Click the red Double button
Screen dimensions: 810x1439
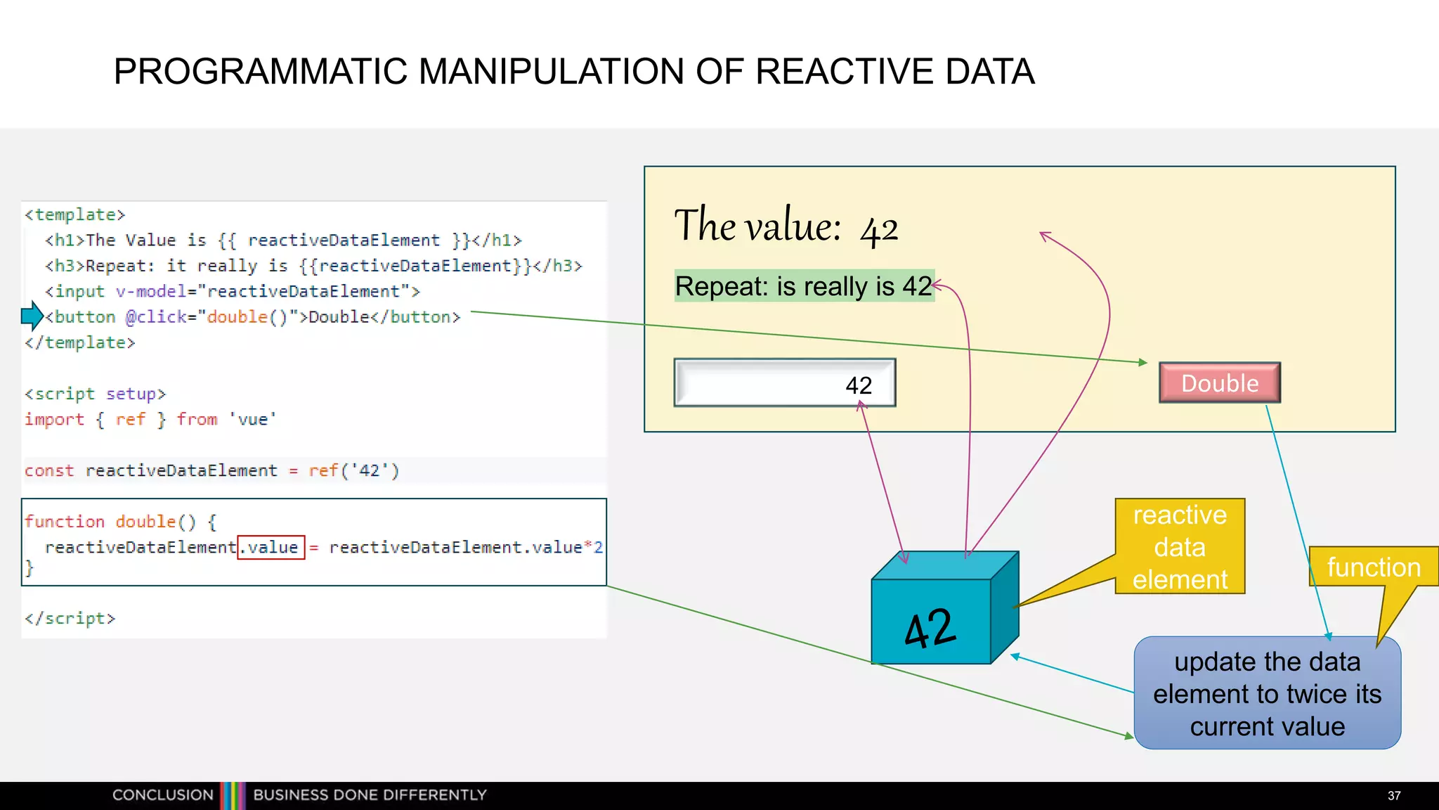click(1220, 383)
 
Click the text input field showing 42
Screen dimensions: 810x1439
click(784, 383)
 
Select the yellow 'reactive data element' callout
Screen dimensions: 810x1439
click(1180, 547)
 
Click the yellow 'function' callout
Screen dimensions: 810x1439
click(1373, 567)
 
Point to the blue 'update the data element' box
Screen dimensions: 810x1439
click(1267, 694)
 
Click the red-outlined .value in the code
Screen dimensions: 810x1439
click(271, 547)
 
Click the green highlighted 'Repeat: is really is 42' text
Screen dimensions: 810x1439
click(804, 286)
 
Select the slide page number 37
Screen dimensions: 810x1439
click(1394, 795)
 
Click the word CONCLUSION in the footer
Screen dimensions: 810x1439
click(162, 795)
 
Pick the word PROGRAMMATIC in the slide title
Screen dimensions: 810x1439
click(261, 72)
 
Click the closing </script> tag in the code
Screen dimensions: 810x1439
click(70, 618)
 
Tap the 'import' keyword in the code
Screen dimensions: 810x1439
click(54, 420)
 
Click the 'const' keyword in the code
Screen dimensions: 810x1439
click(49, 470)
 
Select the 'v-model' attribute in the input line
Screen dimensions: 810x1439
click(147, 291)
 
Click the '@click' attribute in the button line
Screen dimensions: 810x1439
click(156, 317)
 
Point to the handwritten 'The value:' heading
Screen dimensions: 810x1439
click(757, 226)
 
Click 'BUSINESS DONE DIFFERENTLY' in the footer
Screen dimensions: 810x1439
click(370, 795)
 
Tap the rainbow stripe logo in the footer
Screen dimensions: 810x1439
click(233, 795)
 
